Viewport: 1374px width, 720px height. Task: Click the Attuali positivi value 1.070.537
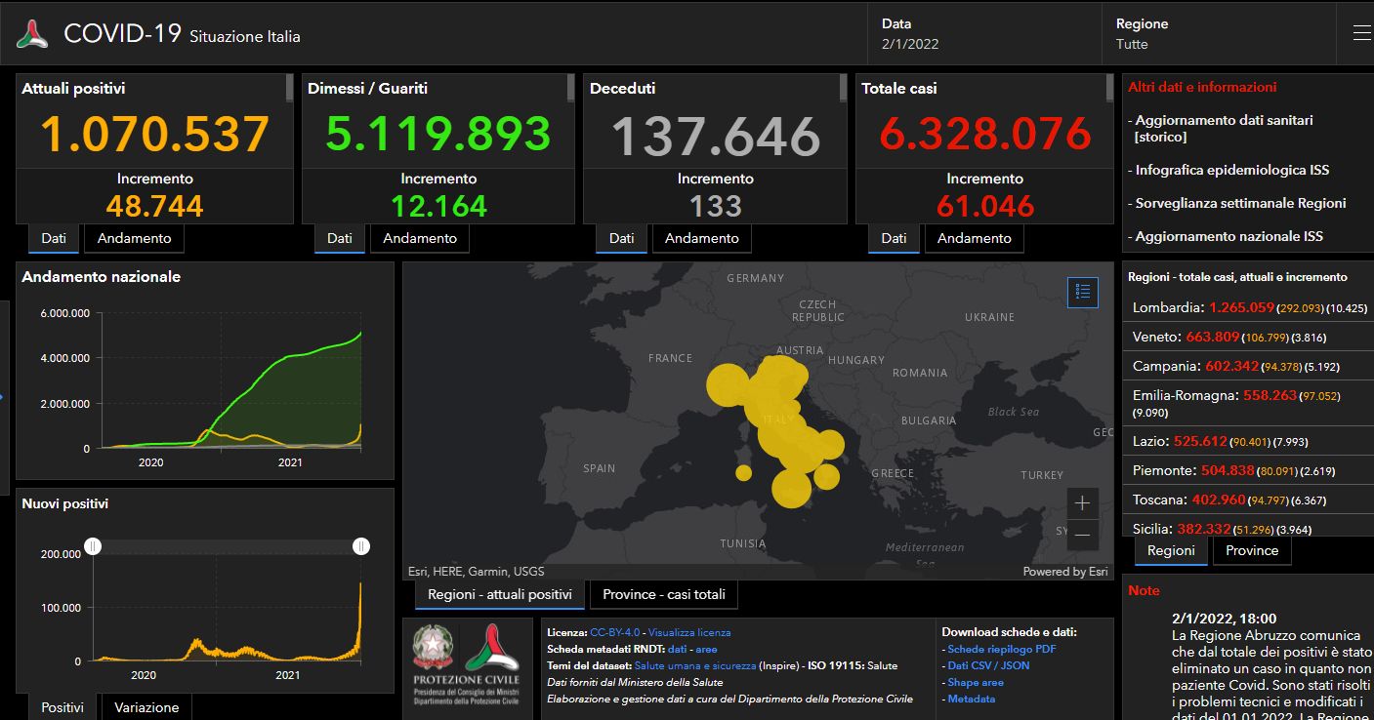coord(155,135)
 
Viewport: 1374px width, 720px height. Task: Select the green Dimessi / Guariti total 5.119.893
coord(437,135)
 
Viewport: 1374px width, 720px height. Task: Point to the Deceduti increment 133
coord(715,206)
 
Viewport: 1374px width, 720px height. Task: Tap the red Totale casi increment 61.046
coord(984,206)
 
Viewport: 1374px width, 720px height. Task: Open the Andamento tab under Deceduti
coord(701,238)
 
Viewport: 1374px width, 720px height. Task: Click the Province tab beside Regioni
coord(1251,550)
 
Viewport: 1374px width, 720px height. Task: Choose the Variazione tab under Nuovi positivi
coord(146,707)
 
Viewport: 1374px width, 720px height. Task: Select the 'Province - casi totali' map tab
coord(663,594)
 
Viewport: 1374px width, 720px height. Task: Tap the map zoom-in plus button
coord(1082,504)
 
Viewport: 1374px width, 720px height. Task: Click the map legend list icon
coord(1082,292)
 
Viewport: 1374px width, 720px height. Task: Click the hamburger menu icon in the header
coord(1361,33)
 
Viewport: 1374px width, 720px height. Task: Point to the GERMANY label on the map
coord(755,278)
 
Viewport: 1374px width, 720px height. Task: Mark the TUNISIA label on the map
coord(749,543)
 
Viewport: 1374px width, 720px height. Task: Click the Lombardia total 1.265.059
coord(1241,307)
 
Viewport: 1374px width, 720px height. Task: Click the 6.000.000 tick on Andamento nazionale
coord(65,313)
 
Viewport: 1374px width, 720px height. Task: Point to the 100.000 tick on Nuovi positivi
coord(60,608)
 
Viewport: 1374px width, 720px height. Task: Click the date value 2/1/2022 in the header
coord(910,44)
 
